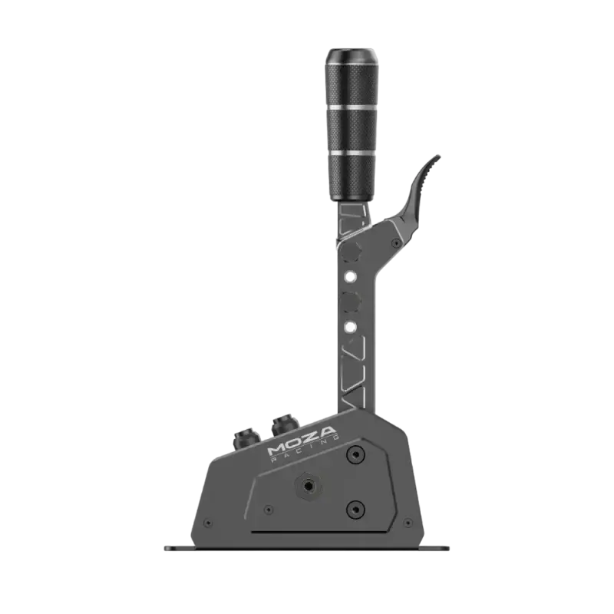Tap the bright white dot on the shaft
coord(349,325)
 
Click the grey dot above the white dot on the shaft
coord(349,276)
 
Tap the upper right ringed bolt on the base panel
coord(354,454)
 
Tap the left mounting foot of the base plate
coord(175,546)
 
